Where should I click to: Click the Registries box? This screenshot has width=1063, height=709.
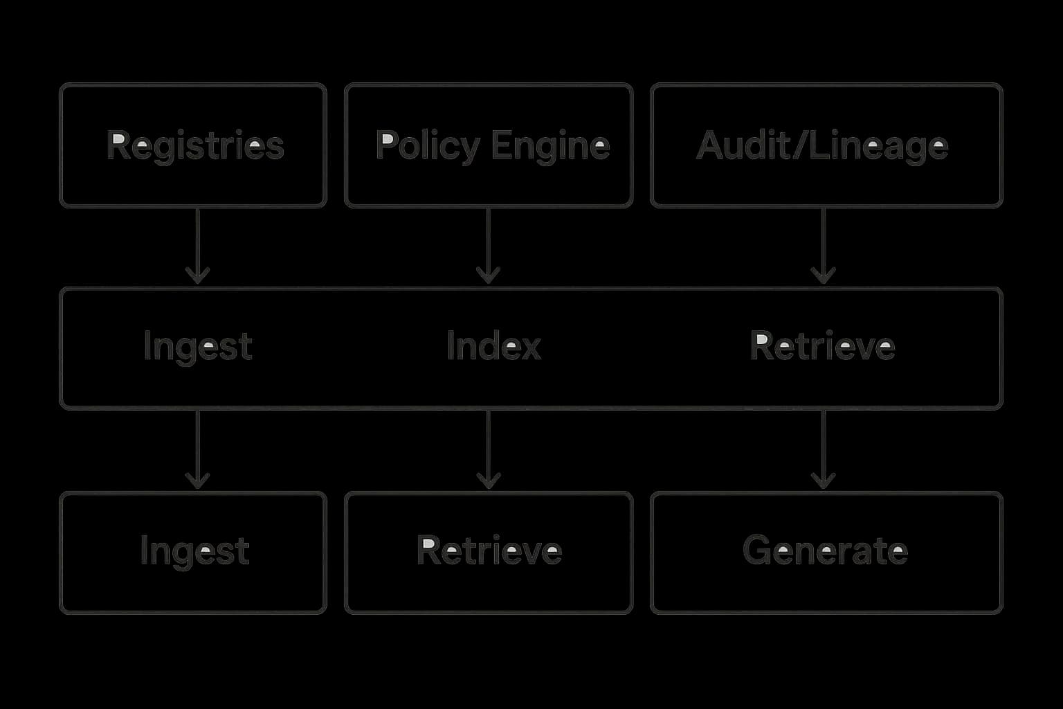click(x=193, y=145)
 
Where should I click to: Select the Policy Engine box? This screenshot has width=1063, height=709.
click(x=489, y=145)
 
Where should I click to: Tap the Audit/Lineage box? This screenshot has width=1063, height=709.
click(x=826, y=145)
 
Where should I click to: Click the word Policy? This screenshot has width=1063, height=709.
click(x=428, y=146)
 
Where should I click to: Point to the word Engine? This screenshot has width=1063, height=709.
click(x=551, y=146)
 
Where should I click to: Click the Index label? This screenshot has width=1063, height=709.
click(x=493, y=345)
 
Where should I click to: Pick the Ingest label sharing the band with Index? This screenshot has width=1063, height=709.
click(x=198, y=346)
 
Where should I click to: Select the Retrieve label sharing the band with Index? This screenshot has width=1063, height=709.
click(x=822, y=345)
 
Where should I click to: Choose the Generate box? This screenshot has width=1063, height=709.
click(x=826, y=553)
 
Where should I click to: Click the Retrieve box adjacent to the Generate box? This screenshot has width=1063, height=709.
click(x=489, y=553)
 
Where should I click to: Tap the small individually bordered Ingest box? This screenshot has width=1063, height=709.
click(x=193, y=553)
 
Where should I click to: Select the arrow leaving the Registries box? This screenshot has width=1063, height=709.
click(x=198, y=246)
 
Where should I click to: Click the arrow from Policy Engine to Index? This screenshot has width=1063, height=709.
click(x=489, y=246)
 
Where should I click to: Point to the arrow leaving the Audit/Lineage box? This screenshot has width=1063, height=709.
click(x=823, y=246)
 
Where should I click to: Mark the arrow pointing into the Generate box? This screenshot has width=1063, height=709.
click(x=823, y=450)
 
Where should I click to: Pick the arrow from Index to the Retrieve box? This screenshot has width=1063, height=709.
click(x=489, y=450)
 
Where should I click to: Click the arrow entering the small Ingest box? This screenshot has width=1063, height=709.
click(x=198, y=450)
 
